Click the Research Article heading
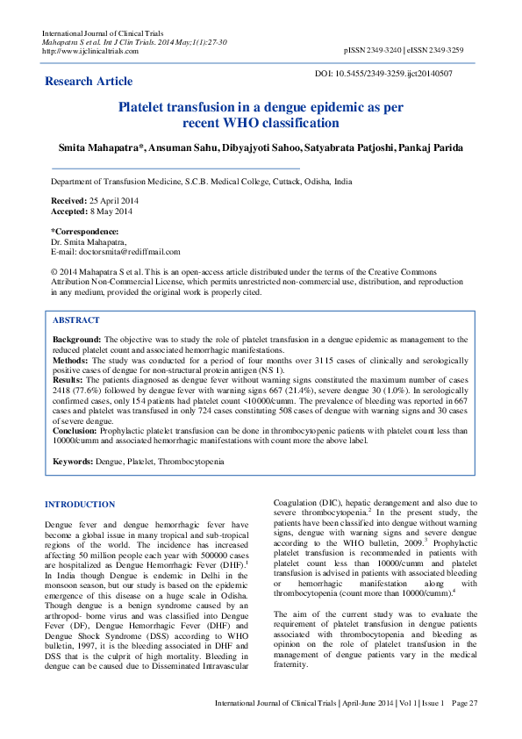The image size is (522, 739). (89, 82)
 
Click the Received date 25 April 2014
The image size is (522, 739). (111, 201)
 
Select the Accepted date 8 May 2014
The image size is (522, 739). (112, 212)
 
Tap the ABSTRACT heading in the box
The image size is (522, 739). (76, 320)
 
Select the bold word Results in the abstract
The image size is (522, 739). (69, 379)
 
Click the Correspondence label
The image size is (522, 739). (85, 232)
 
